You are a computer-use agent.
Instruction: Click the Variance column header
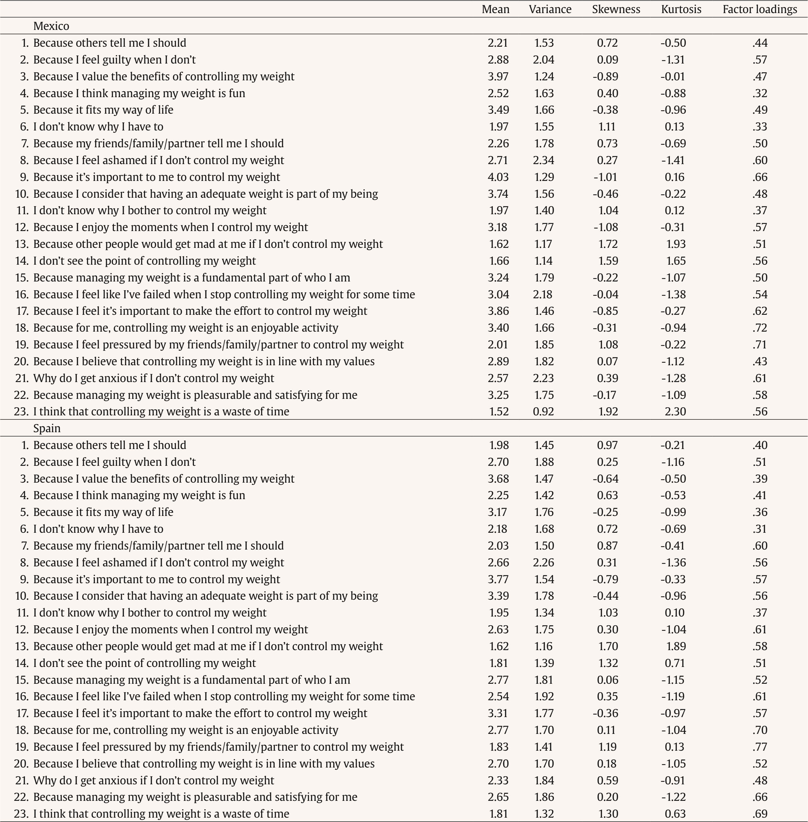[550, 9]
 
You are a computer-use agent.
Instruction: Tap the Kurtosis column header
[681, 9]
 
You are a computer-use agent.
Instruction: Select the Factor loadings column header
[760, 9]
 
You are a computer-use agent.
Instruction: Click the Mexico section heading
[51, 26]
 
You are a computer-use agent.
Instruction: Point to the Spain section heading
[47, 428]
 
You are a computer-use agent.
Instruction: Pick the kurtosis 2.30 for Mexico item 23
[675, 411]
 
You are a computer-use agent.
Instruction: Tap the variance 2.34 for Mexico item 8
[544, 160]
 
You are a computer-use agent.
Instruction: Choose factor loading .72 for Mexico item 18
[760, 328]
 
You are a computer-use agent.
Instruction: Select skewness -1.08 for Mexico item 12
[606, 227]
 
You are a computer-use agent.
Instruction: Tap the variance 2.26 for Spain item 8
[544, 562]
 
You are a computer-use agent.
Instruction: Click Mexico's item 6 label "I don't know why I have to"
[98, 126]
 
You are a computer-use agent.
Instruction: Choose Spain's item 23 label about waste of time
[161, 814]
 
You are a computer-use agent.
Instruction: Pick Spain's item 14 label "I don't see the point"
[144, 663]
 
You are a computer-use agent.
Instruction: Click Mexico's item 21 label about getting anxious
[153, 378]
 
